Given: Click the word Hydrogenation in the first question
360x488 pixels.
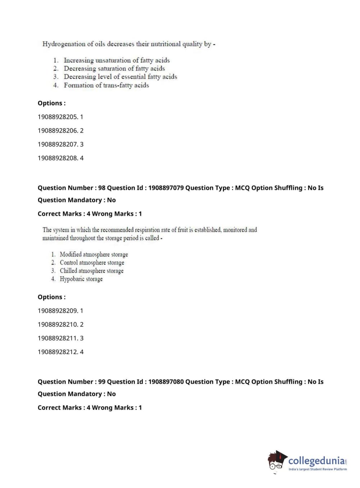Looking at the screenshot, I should (59, 44).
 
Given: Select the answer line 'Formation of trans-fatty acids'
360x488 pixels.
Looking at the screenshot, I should (106, 85).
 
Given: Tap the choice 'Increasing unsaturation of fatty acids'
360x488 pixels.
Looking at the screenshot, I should (117, 60).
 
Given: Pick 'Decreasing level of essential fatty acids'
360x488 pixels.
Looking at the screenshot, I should (120, 77).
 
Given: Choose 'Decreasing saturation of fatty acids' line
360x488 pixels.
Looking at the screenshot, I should (114, 68).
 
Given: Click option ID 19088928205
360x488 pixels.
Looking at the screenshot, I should (58, 117).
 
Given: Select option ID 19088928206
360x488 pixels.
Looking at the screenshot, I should (58, 131).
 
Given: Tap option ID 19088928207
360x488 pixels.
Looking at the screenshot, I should (58, 144).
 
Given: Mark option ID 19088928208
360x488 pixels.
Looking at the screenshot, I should (58, 158).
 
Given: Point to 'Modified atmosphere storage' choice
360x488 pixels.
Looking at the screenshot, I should (94, 254).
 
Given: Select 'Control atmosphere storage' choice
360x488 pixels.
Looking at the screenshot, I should (92, 263).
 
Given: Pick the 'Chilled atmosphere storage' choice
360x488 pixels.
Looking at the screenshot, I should (91, 271).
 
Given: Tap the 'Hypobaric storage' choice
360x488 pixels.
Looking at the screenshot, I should (81, 279).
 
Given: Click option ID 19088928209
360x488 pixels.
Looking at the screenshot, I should (58, 311).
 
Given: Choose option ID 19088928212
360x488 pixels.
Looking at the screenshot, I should (58, 352).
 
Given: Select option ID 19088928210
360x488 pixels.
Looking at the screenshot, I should (58, 325).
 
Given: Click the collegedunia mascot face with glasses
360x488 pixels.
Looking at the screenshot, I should (277, 462).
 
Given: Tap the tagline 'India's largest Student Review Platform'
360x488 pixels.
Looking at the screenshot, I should (318, 469).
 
